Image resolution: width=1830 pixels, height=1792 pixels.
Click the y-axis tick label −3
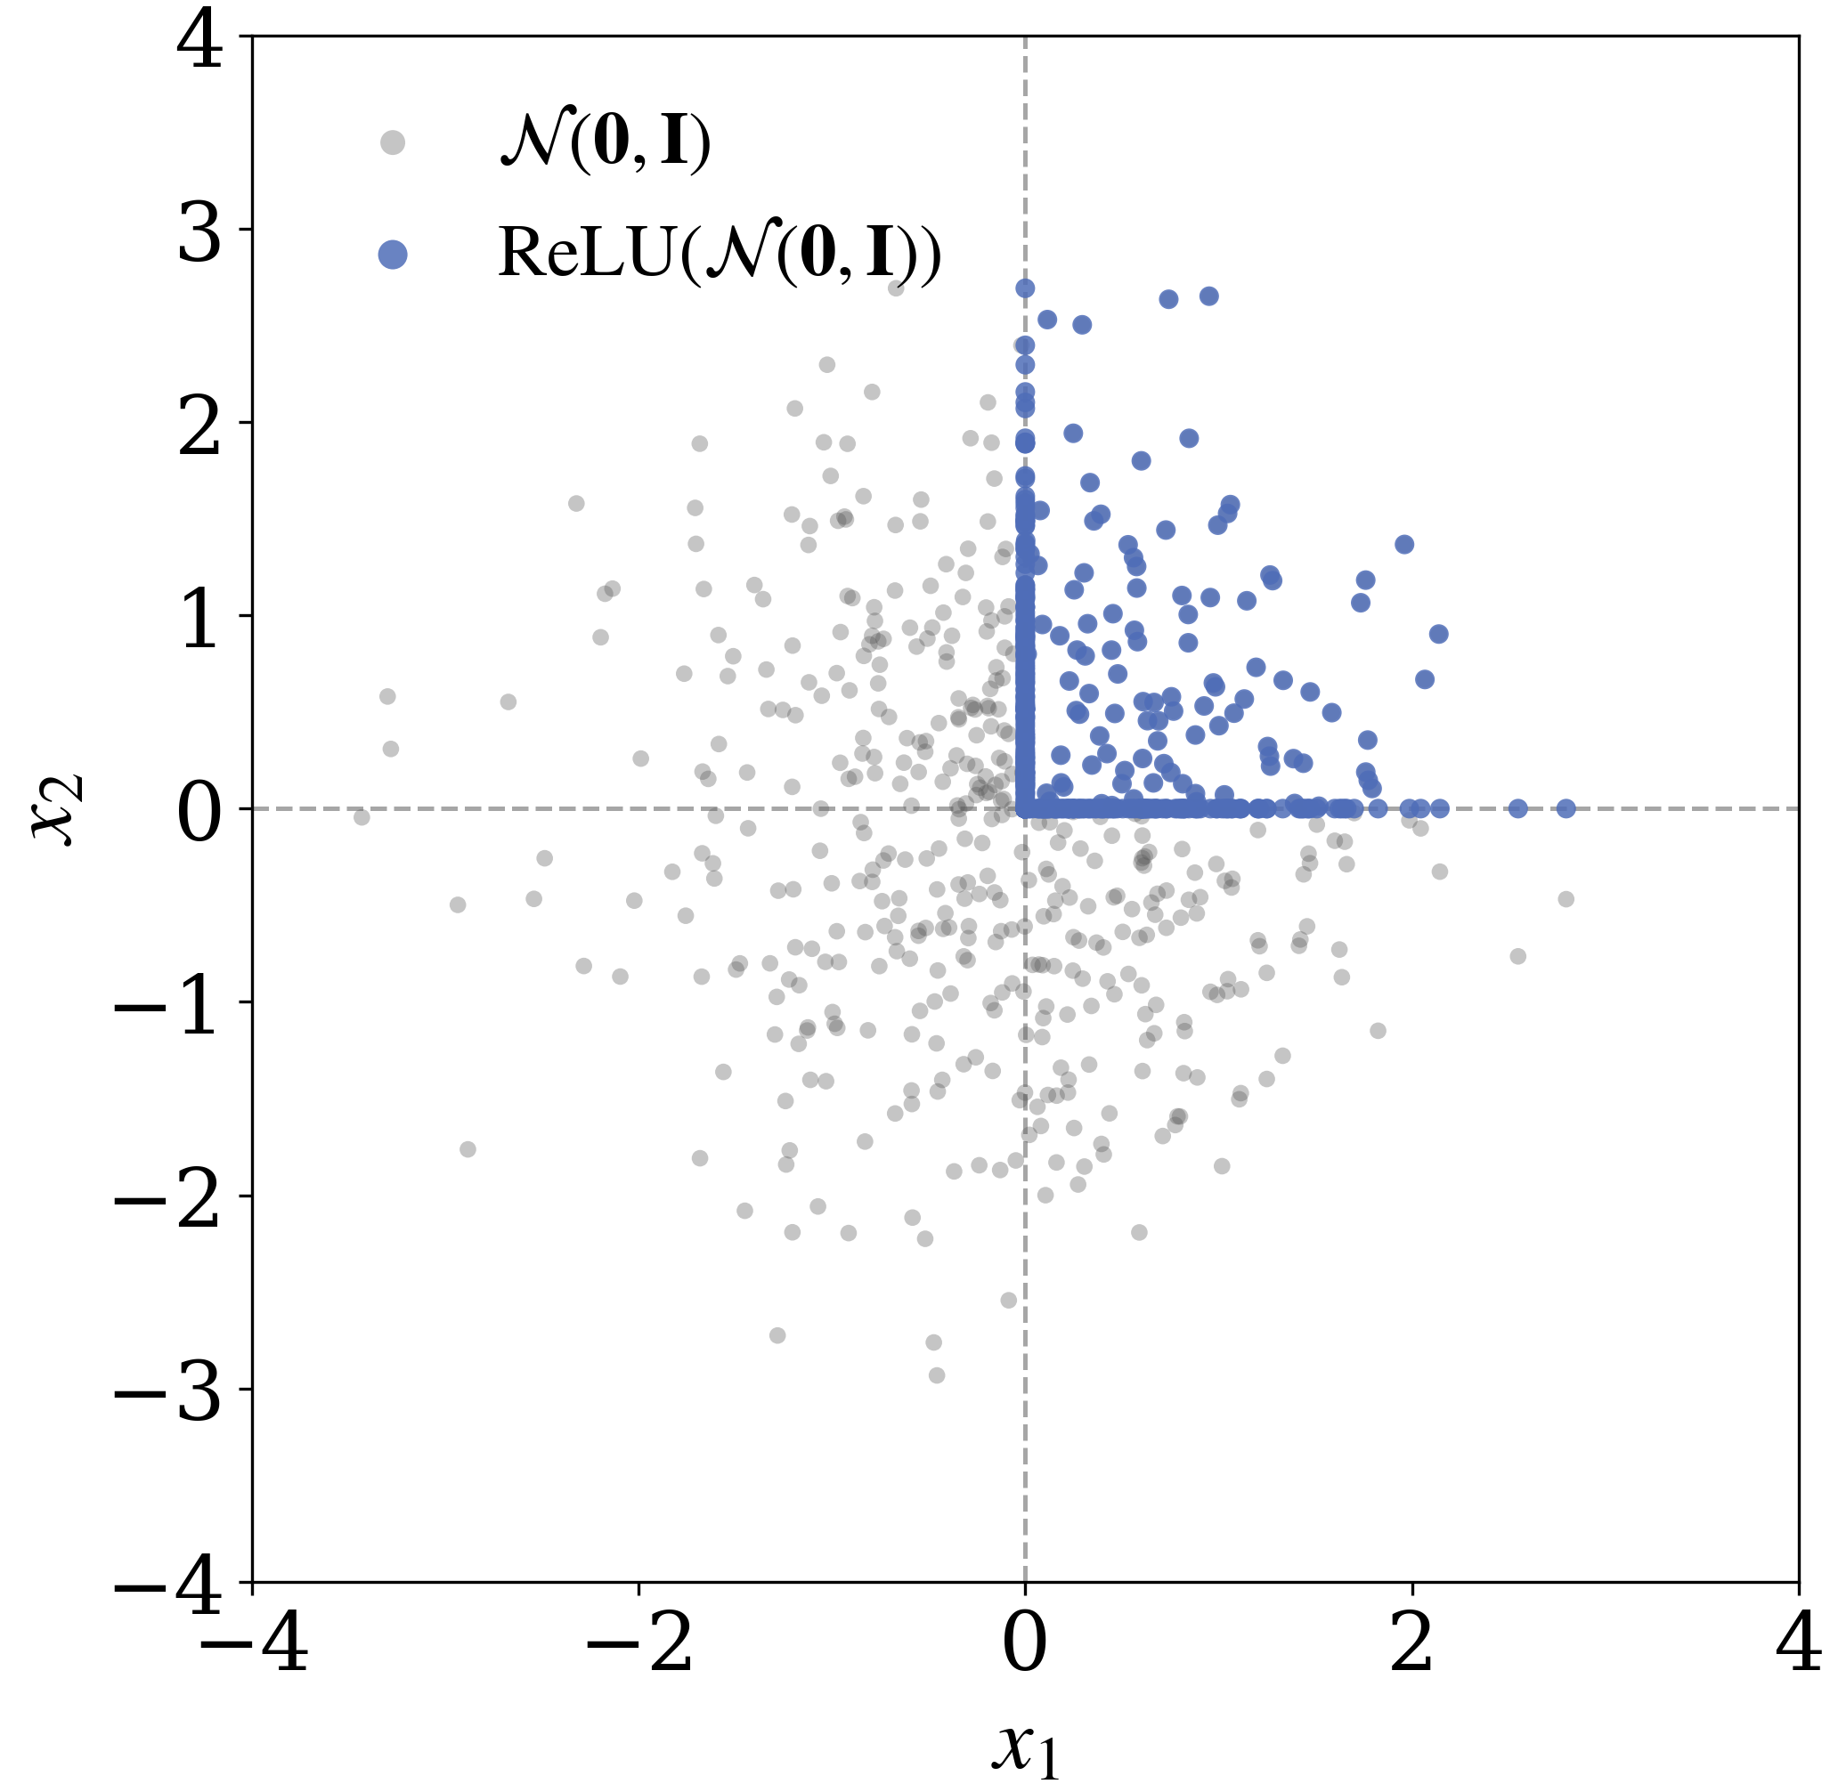coord(169,1392)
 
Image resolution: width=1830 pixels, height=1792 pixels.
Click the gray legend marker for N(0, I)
coord(393,142)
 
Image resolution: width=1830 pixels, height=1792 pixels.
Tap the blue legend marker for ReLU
coord(393,254)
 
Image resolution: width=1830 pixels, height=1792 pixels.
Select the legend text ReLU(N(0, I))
coord(720,254)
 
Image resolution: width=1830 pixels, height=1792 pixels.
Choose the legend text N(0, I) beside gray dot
coord(606,142)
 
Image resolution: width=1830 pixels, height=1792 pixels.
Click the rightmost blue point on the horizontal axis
coord(1566,808)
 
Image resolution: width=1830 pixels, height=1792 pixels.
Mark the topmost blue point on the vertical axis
coord(1025,288)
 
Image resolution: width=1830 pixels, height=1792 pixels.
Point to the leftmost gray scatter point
coord(362,817)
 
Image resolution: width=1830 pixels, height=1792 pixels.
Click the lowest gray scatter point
coord(937,1375)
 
